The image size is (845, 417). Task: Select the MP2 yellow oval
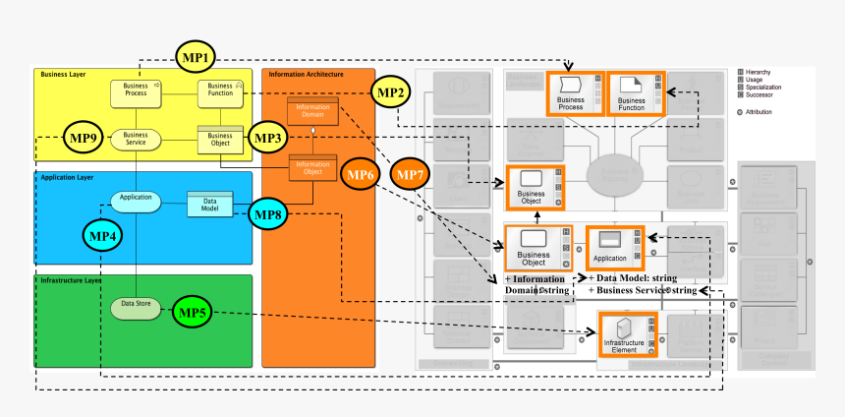click(x=392, y=92)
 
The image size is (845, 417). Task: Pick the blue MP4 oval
click(x=102, y=236)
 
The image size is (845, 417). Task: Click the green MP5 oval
click(x=195, y=313)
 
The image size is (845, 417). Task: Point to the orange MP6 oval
click(x=360, y=174)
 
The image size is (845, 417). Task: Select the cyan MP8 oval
click(x=268, y=213)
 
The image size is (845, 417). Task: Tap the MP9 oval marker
click(x=84, y=138)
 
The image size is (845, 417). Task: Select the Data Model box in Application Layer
click(x=208, y=204)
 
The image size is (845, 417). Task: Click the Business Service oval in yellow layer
click(x=136, y=139)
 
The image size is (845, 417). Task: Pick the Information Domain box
click(x=312, y=110)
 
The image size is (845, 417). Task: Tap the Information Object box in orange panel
click(x=312, y=168)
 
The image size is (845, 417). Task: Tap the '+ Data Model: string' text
click(x=632, y=278)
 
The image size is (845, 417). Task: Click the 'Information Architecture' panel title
click(x=306, y=74)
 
